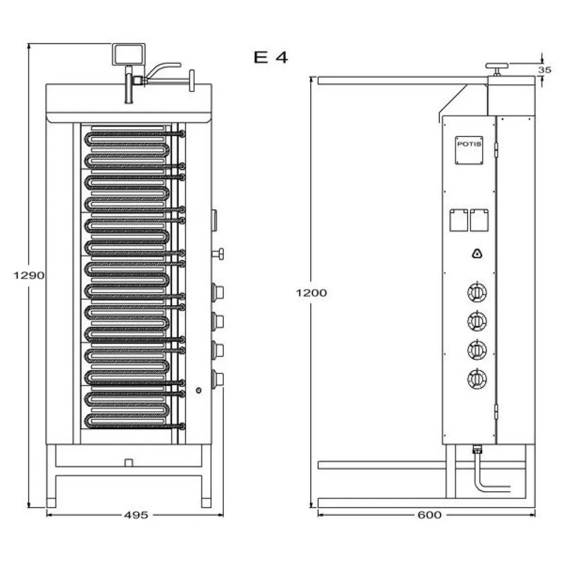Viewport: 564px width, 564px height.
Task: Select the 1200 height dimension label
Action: point(311,293)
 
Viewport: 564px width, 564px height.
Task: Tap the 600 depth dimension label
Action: point(430,514)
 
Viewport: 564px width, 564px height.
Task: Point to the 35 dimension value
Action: point(544,70)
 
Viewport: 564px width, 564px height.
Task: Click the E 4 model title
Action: point(271,58)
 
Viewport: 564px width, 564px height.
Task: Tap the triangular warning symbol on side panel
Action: point(477,254)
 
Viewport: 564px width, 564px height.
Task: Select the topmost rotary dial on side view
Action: point(477,292)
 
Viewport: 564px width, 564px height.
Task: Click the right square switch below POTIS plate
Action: point(480,220)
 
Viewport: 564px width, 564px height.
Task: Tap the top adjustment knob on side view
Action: point(497,67)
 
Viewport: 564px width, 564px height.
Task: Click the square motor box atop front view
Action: point(129,54)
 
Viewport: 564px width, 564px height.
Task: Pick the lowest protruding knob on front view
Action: point(218,378)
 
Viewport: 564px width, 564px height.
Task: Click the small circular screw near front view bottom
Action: point(198,390)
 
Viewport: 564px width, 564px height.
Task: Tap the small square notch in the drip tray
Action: point(129,462)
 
